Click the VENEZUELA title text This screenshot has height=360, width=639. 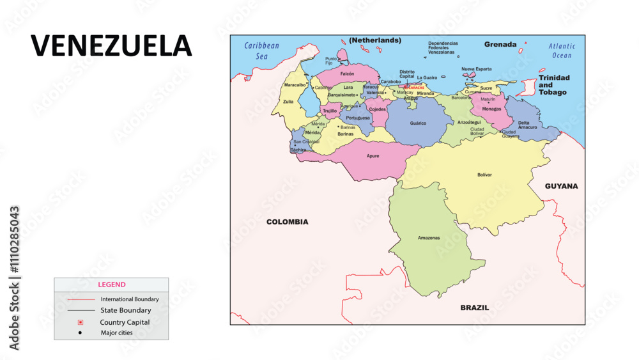(x=112, y=45)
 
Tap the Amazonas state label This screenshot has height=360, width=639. (x=429, y=238)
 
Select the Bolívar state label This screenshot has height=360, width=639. (x=484, y=175)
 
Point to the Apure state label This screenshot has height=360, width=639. (x=373, y=155)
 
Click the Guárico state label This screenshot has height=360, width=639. (x=418, y=123)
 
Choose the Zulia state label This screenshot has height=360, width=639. (x=289, y=101)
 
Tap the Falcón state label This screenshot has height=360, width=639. (x=347, y=74)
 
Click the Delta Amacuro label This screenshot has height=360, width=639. (x=527, y=125)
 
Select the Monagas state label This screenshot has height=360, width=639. (x=491, y=109)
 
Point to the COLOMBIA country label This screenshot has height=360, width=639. (x=287, y=222)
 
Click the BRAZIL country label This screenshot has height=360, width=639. (x=475, y=308)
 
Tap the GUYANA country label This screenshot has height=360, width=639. (x=561, y=186)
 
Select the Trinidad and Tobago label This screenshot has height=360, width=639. (x=553, y=84)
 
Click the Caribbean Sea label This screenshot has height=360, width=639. (x=262, y=51)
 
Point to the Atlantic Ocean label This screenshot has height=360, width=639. (x=562, y=51)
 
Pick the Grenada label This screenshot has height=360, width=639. (x=500, y=45)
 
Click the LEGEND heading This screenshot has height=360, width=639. (x=111, y=285)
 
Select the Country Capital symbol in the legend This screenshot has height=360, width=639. (x=80, y=322)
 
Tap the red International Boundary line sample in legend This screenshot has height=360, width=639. (x=80, y=299)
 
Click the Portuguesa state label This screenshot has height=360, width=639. (x=358, y=118)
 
